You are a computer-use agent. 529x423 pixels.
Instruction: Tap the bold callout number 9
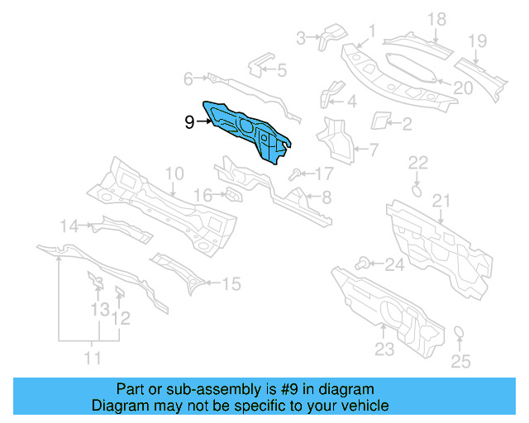pos(189,122)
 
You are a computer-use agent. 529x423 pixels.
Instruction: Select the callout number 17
pos(322,173)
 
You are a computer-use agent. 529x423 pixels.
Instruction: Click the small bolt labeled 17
pos(296,173)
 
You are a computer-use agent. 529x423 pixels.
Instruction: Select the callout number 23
pos(384,349)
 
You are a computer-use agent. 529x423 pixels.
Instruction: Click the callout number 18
pos(436,19)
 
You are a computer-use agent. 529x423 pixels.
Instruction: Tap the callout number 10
pos(174,173)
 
